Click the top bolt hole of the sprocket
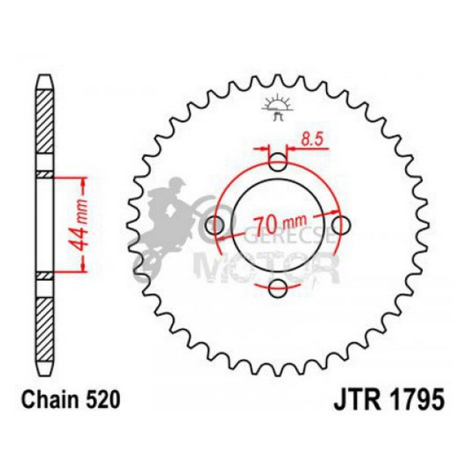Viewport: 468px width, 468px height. [x=278, y=162]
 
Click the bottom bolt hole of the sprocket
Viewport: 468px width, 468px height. [x=278, y=289]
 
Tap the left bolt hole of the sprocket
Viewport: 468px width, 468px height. [x=215, y=225]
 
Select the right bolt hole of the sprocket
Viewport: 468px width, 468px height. [x=342, y=225]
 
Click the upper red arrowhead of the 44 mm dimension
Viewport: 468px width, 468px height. [x=82, y=182]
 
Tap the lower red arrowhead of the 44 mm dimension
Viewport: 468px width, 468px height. [x=82, y=269]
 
